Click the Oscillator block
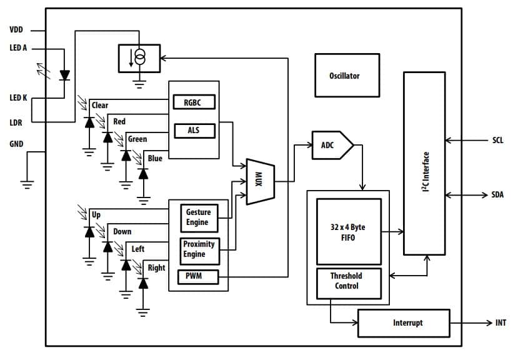pyautogui.click(x=347, y=75)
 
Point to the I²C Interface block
pyautogui.click(x=424, y=163)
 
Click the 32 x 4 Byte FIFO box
pyautogui.click(x=349, y=232)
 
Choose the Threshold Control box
pyautogui.click(x=347, y=281)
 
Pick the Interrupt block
pyautogui.click(x=403, y=322)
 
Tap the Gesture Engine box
pyautogui.click(x=198, y=217)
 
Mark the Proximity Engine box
pyautogui.click(x=198, y=250)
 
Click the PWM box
pyautogui.click(x=198, y=276)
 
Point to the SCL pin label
pyautogui.click(x=497, y=141)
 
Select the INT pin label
pyautogui.click(x=501, y=322)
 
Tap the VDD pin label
pyautogui.click(x=16, y=29)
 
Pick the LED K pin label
pyautogui.click(x=18, y=97)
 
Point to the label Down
pyautogui.click(x=122, y=231)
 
